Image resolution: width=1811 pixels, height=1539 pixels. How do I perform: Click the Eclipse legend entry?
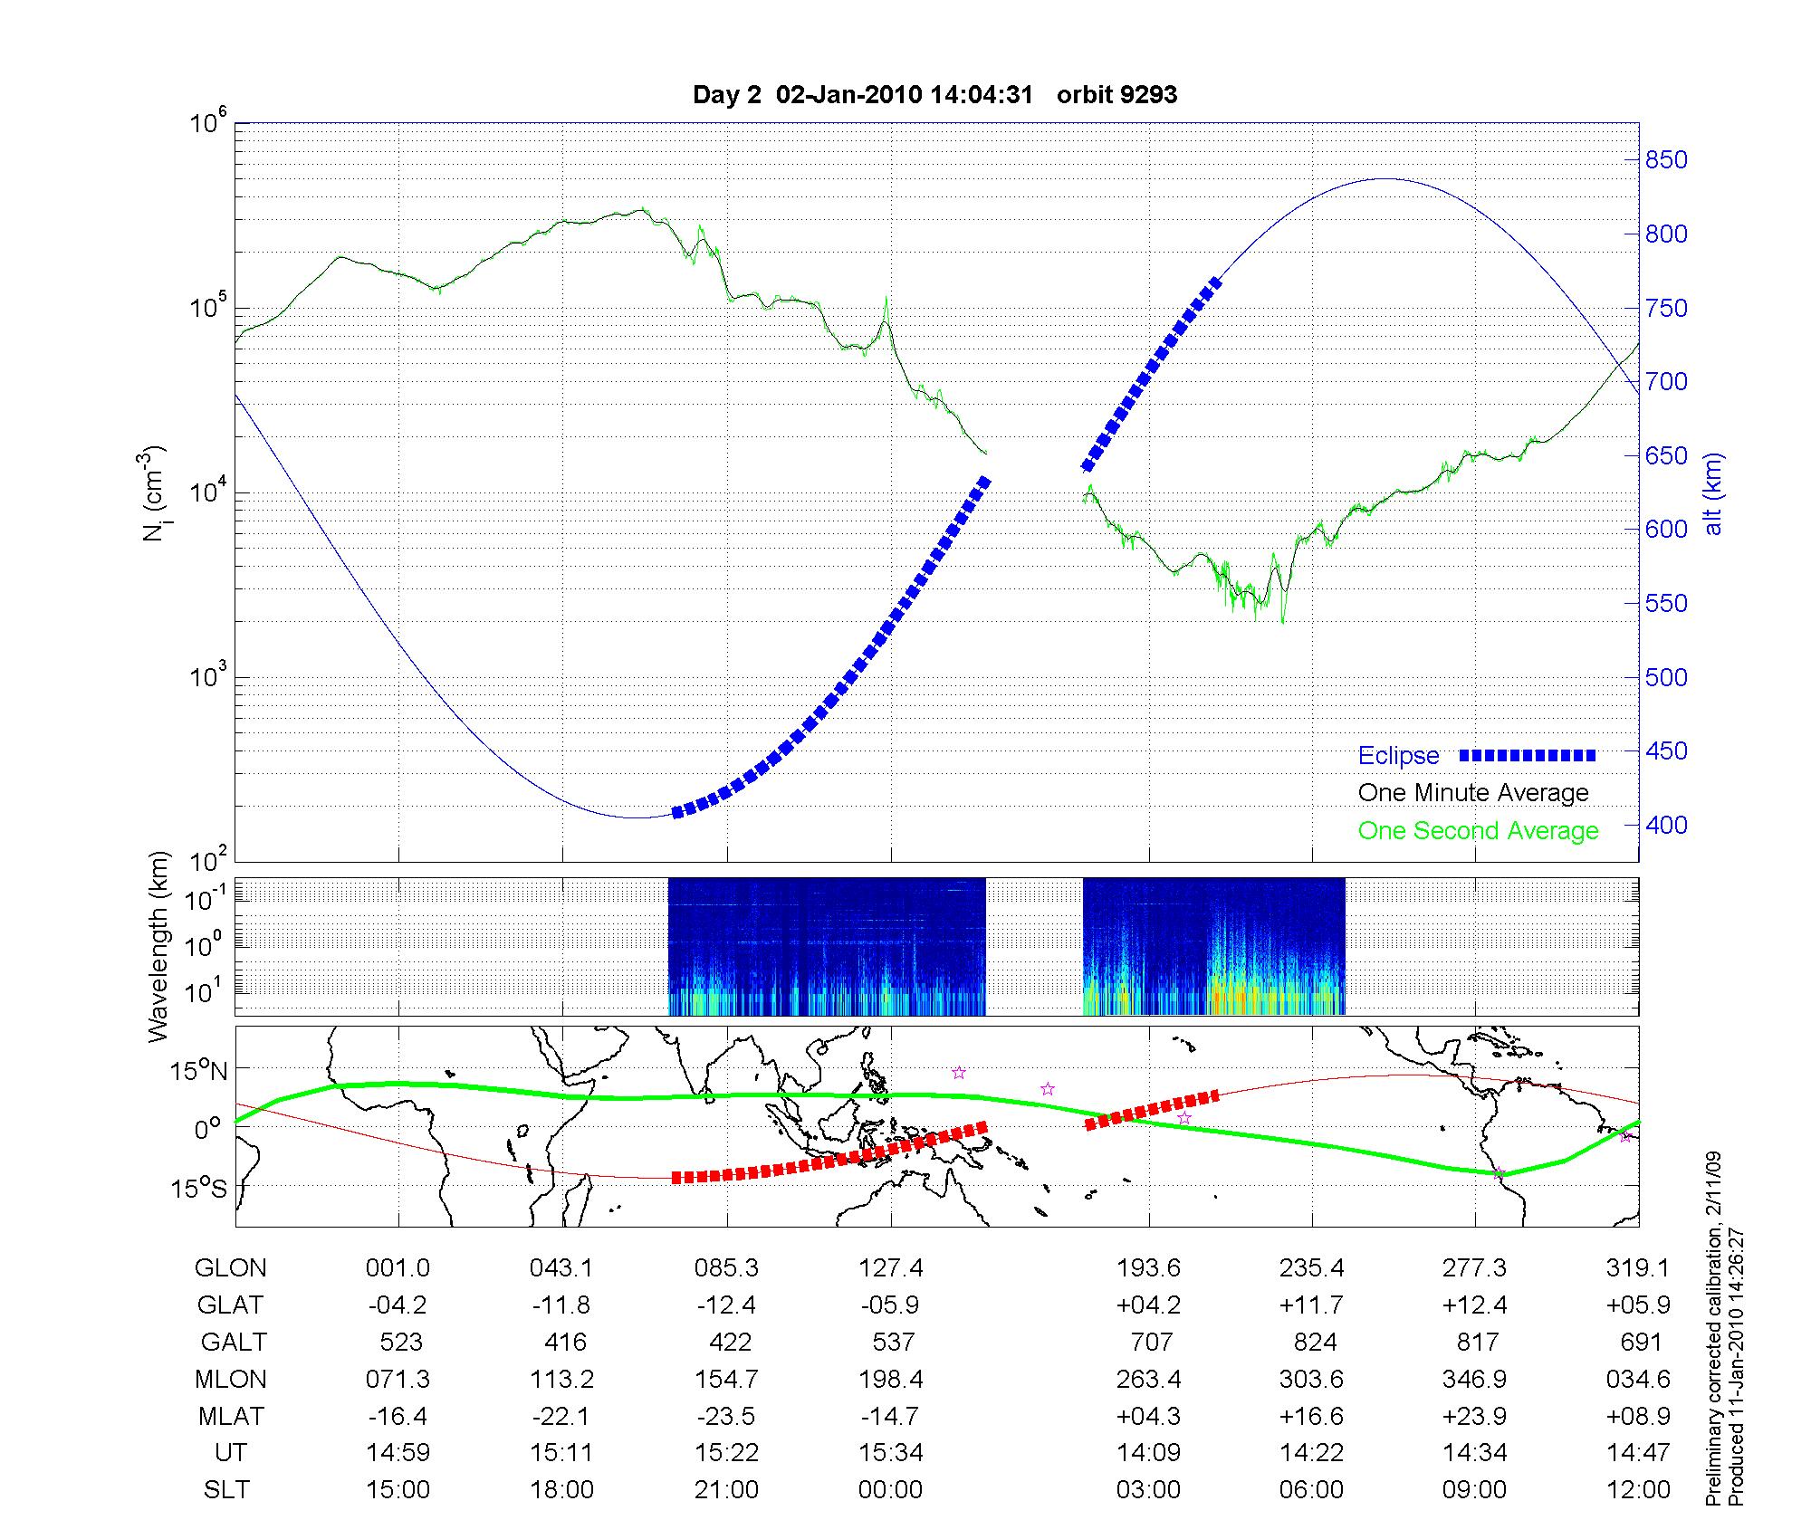[x=1398, y=756]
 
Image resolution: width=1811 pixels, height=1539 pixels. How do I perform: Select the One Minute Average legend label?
[x=1473, y=793]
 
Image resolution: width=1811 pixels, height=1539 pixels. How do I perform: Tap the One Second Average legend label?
[x=1478, y=831]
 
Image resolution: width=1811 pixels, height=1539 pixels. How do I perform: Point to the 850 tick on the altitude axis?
[x=1666, y=160]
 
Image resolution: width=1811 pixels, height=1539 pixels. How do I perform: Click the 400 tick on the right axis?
[x=1666, y=825]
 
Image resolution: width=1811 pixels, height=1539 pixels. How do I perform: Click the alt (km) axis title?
[x=1713, y=494]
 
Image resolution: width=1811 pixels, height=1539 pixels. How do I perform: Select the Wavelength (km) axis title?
[x=159, y=947]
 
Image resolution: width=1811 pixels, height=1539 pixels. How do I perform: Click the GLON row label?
[x=231, y=1268]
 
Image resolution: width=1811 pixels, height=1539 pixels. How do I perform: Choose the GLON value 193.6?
[x=1148, y=1268]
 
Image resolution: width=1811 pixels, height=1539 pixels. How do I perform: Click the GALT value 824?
[x=1315, y=1342]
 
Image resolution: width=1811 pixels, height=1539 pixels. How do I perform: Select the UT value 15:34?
[x=891, y=1453]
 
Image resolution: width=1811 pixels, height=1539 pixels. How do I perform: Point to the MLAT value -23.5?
[x=726, y=1416]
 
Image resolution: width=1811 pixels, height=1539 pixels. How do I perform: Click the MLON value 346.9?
[x=1475, y=1379]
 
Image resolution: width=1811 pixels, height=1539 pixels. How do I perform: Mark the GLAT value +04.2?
[x=1148, y=1305]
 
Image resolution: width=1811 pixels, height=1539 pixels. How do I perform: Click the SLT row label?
[x=226, y=1490]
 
